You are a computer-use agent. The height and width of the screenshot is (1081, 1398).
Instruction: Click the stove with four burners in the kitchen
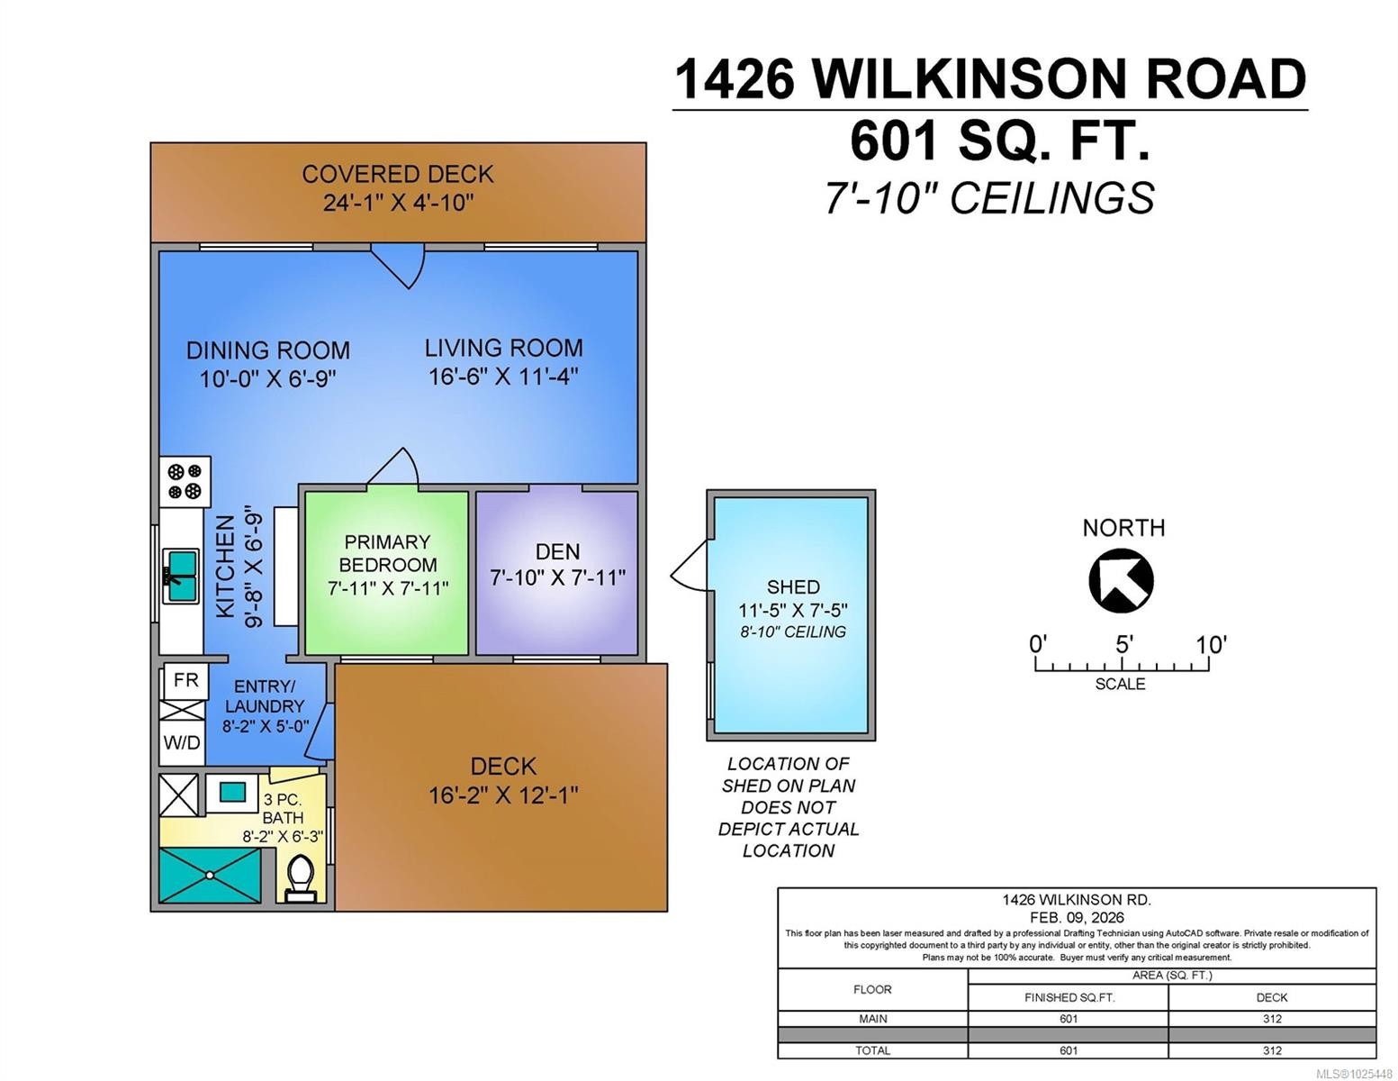tap(185, 481)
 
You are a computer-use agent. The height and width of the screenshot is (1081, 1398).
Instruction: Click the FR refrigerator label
tap(185, 680)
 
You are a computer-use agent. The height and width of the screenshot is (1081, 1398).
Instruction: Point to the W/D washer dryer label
tap(181, 743)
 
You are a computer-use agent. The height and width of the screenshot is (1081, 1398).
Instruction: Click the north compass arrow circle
tap(1121, 581)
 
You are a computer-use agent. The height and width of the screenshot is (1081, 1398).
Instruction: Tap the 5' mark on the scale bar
tap(1123, 645)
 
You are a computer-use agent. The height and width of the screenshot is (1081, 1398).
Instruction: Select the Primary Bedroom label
tap(387, 553)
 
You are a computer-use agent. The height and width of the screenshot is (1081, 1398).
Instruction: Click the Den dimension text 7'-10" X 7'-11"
tap(557, 577)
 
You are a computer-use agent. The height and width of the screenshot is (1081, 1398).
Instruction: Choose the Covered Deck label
tap(397, 174)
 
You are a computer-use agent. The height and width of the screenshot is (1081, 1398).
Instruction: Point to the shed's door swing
tap(690, 568)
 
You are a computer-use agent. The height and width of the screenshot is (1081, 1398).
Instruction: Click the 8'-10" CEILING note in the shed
tap(792, 632)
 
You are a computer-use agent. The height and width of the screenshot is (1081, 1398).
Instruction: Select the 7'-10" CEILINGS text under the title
tap(989, 198)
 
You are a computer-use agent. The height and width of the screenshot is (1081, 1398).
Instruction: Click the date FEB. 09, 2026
tap(1077, 917)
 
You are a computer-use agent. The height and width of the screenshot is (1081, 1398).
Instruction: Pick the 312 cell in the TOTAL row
tap(1271, 1050)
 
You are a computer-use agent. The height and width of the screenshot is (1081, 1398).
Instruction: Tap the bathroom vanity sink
tap(232, 792)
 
